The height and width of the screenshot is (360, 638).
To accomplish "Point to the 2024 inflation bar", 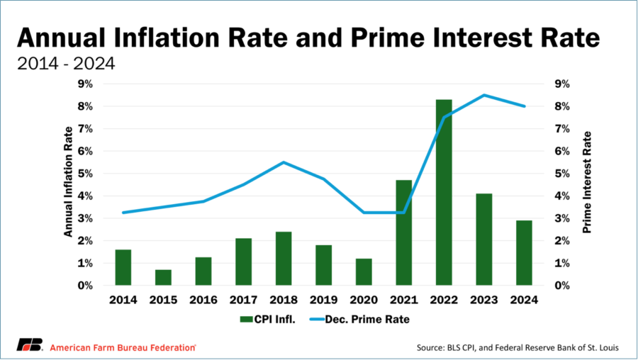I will [x=524, y=253].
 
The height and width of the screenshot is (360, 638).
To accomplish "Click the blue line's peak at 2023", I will [x=484, y=95].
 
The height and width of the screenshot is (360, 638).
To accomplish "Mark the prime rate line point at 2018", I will [x=284, y=162].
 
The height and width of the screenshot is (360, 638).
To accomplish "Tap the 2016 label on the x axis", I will [x=203, y=299].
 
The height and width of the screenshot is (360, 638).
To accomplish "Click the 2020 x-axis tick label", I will [x=364, y=299].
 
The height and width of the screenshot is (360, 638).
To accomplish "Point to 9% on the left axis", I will [x=85, y=84].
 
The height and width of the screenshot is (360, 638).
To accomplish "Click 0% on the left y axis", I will [x=85, y=286].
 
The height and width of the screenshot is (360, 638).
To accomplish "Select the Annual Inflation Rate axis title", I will [x=68, y=181].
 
